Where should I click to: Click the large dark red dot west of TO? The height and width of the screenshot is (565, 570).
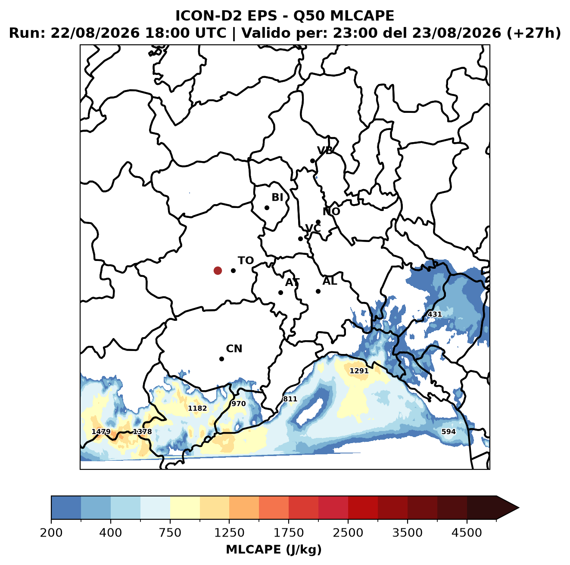[218, 270]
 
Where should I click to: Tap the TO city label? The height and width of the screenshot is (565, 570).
[246, 261]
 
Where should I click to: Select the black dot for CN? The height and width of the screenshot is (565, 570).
[221, 359]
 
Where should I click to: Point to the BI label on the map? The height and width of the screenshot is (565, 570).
[277, 197]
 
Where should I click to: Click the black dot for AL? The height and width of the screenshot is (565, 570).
[318, 291]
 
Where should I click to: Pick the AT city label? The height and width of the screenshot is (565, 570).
[292, 282]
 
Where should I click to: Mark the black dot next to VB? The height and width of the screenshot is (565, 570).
[312, 161]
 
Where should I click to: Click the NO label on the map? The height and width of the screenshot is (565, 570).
[331, 211]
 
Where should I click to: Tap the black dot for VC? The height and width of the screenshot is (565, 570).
[300, 239]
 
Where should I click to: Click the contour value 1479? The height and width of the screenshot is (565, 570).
[101, 432]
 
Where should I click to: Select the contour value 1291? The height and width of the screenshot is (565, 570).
[359, 371]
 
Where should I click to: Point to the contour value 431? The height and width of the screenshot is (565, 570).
[435, 314]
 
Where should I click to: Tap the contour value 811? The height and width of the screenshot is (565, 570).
[290, 399]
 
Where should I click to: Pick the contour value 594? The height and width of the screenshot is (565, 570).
[448, 432]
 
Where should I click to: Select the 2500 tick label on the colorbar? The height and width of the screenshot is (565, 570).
[348, 533]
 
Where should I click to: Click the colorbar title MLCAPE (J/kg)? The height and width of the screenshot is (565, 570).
[274, 549]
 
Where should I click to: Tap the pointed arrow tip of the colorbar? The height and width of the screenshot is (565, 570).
[519, 508]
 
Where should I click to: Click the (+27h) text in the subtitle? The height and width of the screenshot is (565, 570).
[534, 33]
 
